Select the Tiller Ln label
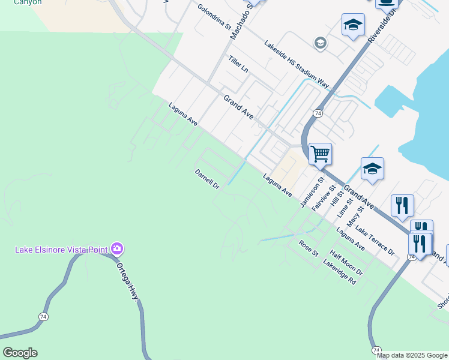(x=238, y=64)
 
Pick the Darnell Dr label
(x=208, y=179)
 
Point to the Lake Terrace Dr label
(x=375, y=240)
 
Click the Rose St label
(x=309, y=248)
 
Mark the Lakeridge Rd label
(x=340, y=272)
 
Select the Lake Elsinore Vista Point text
(x=61, y=249)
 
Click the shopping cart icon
(x=321, y=154)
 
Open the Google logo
(x=19, y=353)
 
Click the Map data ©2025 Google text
(x=411, y=355)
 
